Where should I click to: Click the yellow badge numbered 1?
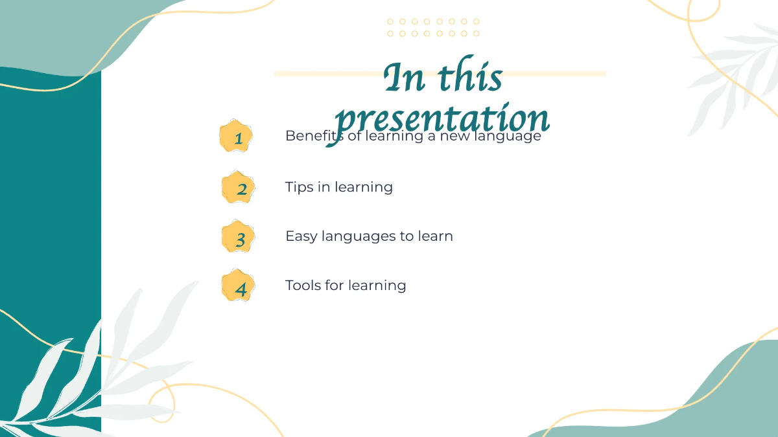click(235, 137)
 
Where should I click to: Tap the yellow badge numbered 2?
click(238, 188)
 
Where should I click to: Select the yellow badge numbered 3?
click(238, 237)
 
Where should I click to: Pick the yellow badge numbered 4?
click(238, 286)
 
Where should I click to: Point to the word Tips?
click(300, 187)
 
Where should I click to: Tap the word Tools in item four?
click(303, 286)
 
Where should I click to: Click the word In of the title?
click(405, 78)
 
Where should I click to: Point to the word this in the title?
click(470, 78)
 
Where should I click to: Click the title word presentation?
click(443, 120)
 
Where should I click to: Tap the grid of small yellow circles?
click(432, 27)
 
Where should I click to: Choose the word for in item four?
click(335, 286)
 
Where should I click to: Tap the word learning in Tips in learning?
click(364, 188)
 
